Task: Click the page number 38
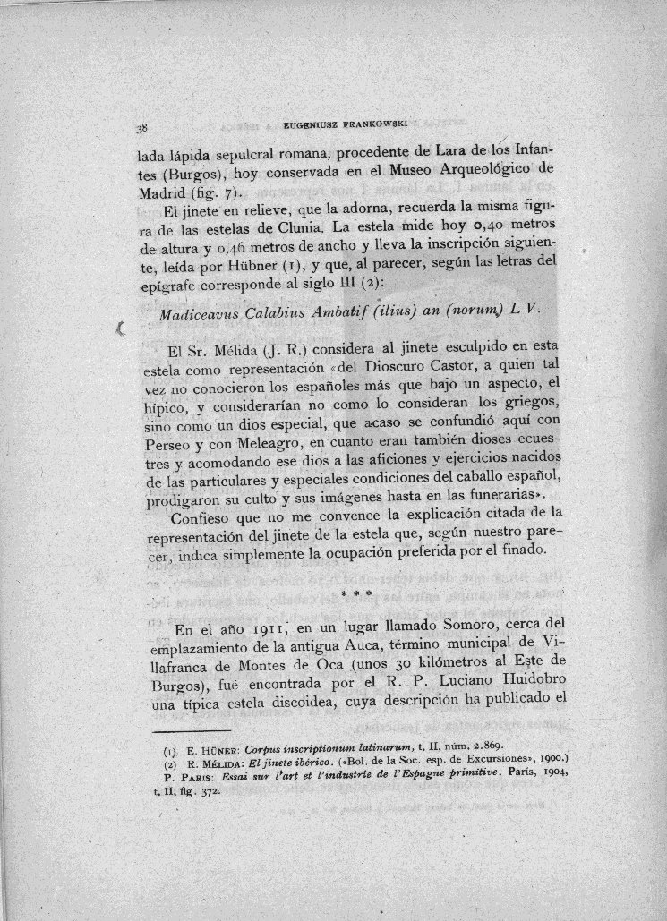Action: (130, 126)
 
